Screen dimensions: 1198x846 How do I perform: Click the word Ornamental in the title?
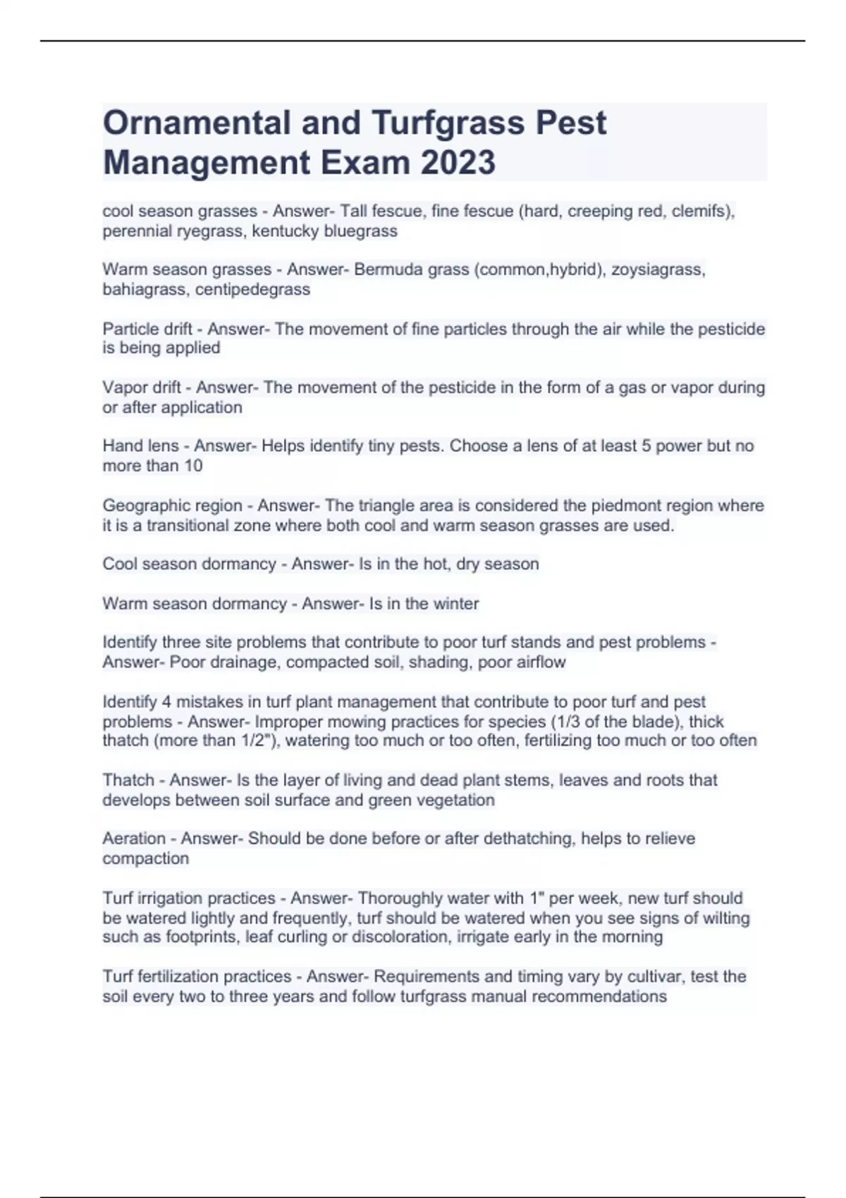(197, 123)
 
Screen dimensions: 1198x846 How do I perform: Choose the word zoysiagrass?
(656, 270)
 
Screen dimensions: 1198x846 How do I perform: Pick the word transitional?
(190, 526)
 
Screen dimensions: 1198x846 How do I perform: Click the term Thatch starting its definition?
(128, 780)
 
